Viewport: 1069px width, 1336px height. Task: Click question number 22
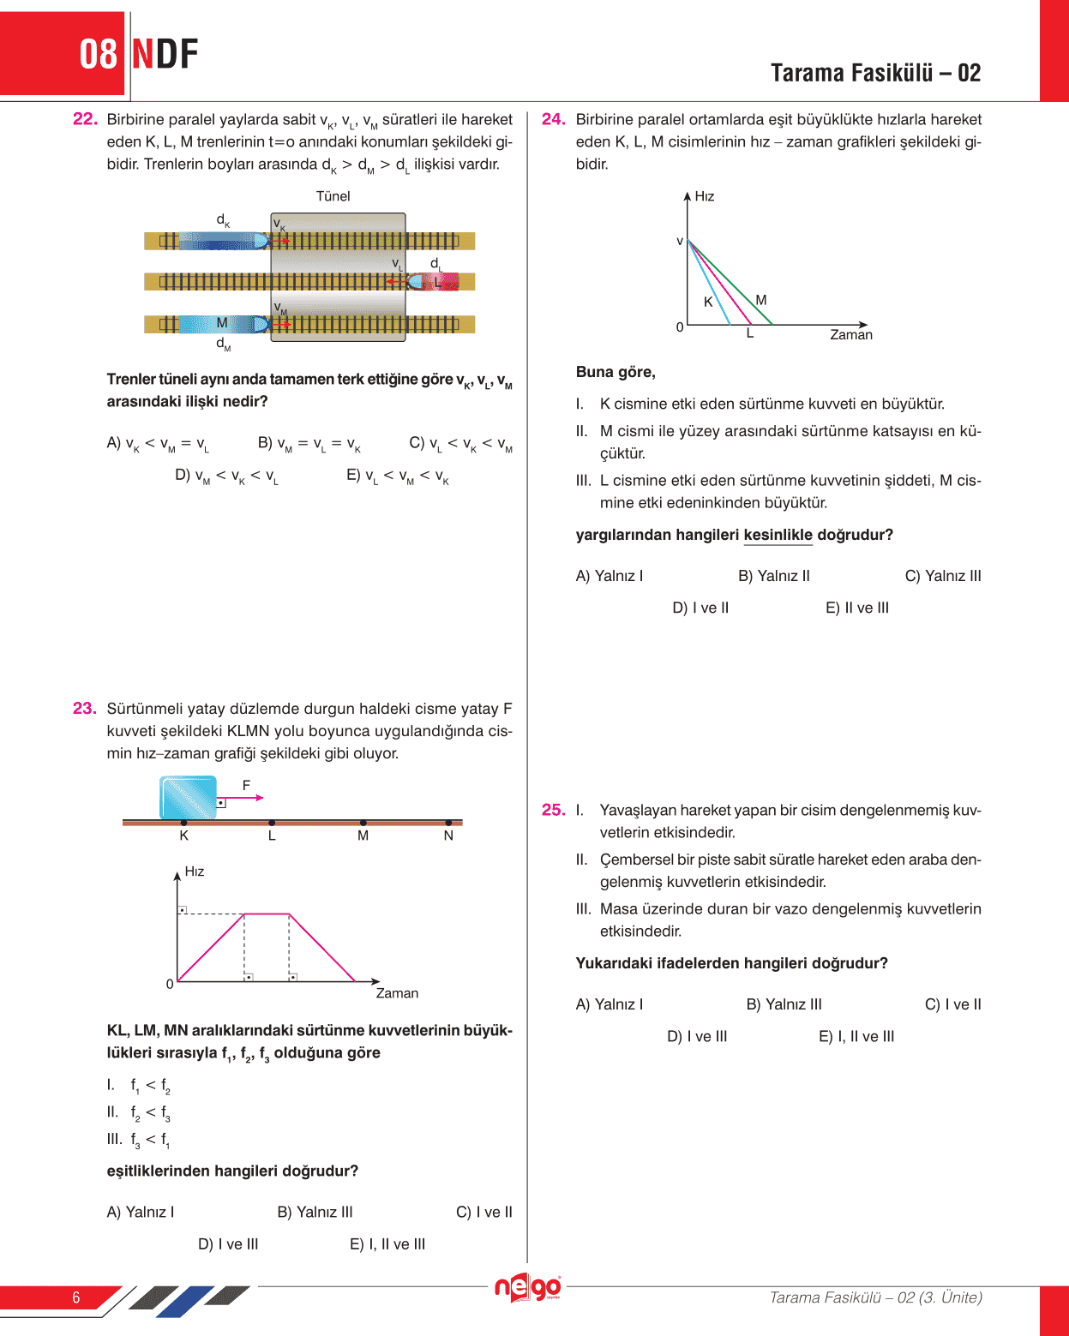click(85, 119)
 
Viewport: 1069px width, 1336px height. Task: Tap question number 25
click(553, 810)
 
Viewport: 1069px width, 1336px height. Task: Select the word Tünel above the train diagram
click(333, 196)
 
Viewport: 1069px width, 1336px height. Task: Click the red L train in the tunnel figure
click(435, 281)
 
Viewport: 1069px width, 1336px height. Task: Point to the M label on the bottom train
click(222, 323)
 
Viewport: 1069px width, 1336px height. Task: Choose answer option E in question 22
click(398, 476)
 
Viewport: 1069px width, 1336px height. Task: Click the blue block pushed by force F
click(189, 797)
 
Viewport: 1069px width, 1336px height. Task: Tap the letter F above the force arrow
click(247, 785)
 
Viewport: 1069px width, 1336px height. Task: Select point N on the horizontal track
click(448, 836)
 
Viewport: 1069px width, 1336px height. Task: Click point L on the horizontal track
click(272, 836)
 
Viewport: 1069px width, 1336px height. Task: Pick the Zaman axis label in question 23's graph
click(397, 993)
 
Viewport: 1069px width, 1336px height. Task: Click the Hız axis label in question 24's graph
click(705, 196)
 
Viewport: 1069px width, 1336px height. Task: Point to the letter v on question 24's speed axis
click(680, 242)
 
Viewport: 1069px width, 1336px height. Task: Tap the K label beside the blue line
click(708, 302)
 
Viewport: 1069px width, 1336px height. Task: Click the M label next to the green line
click(761, 300)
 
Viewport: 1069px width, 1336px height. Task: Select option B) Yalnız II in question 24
click(773, 576)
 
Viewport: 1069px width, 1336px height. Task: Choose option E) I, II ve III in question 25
click(856, 1036)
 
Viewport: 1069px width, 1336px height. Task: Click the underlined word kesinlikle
click(778, 535)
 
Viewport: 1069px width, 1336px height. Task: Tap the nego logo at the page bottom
click(528, 1288)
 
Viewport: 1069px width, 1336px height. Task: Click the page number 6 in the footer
click(76, 1297)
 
